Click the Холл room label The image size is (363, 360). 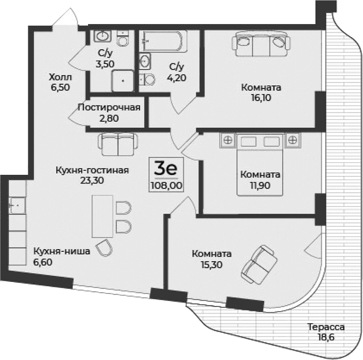pyautogui.click(x=61, y=77)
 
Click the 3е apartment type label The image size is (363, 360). pyautogui.click(x=165, y=167)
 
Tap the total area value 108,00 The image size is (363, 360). pyautogui.click(x=166, y=185)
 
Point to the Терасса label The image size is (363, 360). pyautogui.click(x=325, y=327)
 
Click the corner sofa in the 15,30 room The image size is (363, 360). pyautogui.click(x=260, y=265)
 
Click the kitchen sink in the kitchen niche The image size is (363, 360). pyautogui.click(x=17, y=206)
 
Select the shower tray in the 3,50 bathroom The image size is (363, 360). pyautogui.click(x=124, y=80)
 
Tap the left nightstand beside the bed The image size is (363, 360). pyautogui.click(x=227, y=139)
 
